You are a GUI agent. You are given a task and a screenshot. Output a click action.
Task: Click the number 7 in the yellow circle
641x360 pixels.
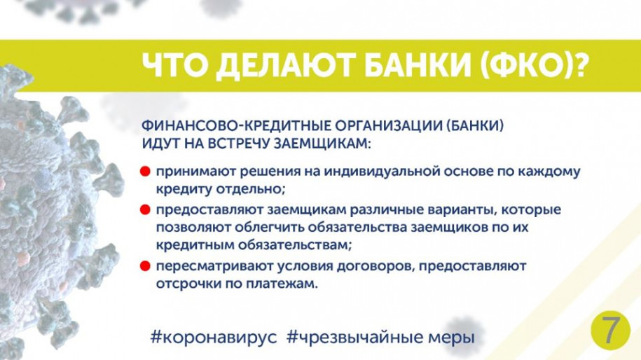click(x=611, y=331)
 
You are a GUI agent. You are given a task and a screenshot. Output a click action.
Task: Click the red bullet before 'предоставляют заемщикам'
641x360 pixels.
click(x=144, y=209)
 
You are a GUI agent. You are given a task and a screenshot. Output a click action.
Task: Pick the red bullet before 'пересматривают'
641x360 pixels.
click(x=144, y=266)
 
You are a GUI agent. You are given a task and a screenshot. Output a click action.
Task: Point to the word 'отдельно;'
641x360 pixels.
click(x=256, y=189)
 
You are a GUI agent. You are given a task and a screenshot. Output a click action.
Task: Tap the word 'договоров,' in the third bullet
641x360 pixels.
click(x=388, y=266)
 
